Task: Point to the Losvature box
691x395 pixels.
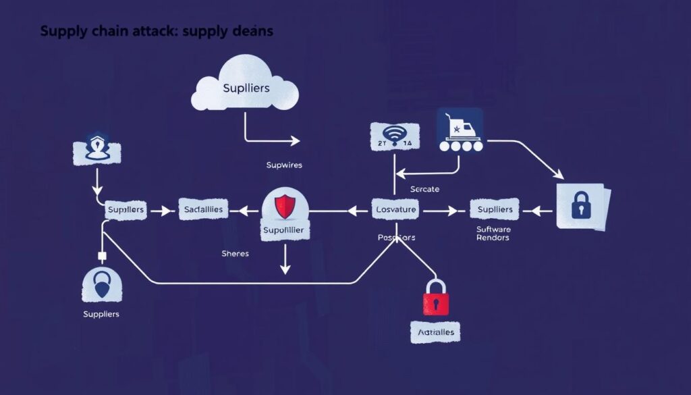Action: coord(395,210)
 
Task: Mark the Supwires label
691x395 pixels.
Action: coord(284,164)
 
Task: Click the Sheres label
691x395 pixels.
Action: coord(235,253)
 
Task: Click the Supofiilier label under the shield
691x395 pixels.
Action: coord(285,231)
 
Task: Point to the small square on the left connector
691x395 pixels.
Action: coord(103,257)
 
